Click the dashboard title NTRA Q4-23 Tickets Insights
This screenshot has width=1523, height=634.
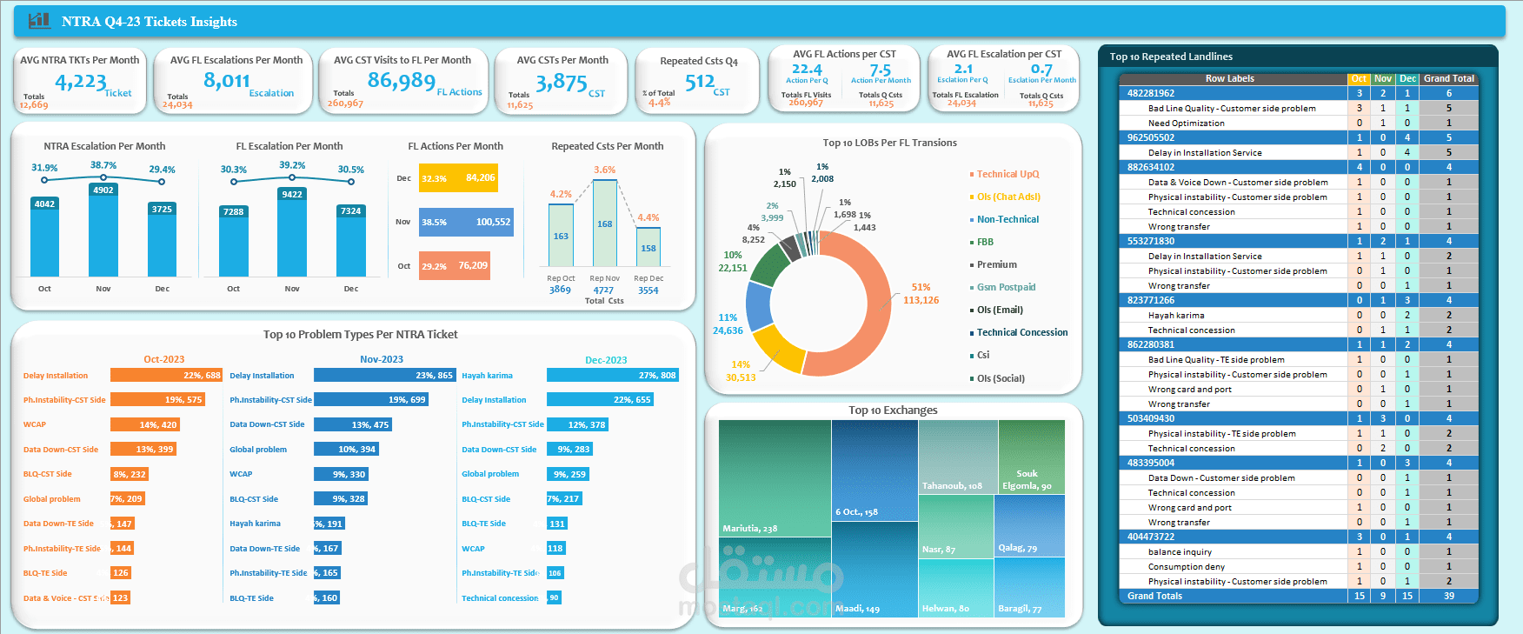coord(149,22)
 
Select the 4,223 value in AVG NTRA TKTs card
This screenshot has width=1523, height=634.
coord(81,82)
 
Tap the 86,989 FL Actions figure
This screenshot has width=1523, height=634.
coord(401,81)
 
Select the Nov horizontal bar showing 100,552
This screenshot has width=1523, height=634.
coord(466,222)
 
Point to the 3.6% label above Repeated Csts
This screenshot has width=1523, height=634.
coord(604,170)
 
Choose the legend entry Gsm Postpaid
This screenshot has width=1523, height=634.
coord(1006,287)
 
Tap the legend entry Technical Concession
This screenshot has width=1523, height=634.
coord(1021,332)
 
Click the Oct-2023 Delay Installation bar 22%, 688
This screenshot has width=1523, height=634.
coord(166,376)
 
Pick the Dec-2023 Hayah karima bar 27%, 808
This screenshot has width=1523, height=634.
coord(612,376)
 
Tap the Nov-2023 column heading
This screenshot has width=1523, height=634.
coord(381,359)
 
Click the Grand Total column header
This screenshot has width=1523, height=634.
coord(1448,78)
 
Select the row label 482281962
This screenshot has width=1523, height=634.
coord(1150,93)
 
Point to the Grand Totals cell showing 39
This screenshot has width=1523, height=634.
coord(1448,596)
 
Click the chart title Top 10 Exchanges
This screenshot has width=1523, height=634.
coord(893,410)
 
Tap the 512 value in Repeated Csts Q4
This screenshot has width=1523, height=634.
coord(700,83)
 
